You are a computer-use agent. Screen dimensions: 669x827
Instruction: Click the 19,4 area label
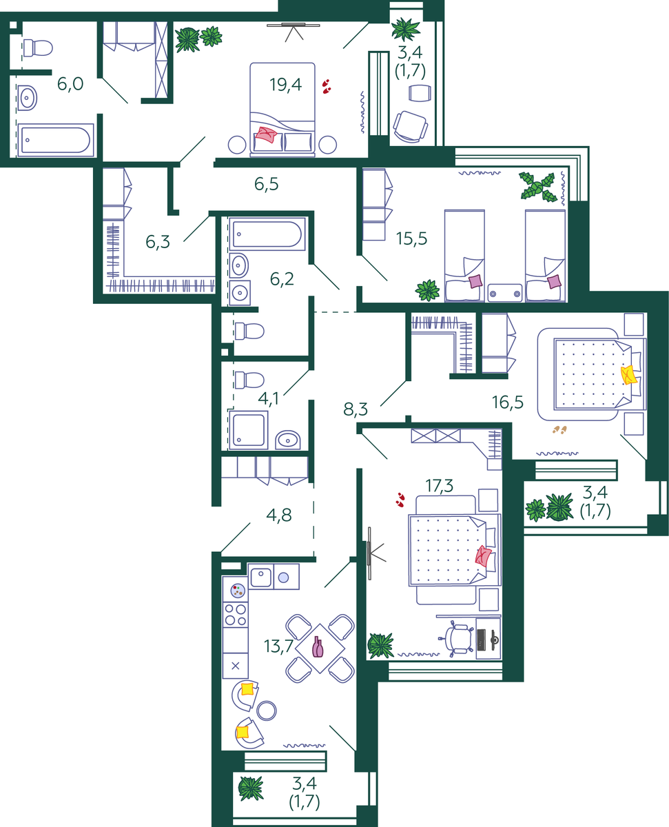coord(286,85)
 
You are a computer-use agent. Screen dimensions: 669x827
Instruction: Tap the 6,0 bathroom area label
coord(70,84)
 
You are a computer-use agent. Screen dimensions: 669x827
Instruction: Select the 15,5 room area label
coord(411,238)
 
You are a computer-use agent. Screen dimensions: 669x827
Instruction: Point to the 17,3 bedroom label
coord(440,485)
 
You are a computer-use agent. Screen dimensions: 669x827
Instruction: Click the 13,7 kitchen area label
coord(278,646)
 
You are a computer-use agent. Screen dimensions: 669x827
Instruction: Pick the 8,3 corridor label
coord(356,409)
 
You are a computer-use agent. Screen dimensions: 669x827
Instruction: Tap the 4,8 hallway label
coord(278,515)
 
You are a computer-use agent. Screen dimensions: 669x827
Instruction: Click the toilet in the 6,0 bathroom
coord(38,48)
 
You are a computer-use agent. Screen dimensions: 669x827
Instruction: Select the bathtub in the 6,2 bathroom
coord(267,234)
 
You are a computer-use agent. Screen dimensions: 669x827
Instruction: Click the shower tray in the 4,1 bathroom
coord(248,430)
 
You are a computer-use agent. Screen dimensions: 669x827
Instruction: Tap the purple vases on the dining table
coord(318,646)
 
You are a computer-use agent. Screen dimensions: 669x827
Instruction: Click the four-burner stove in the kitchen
coord(235,615)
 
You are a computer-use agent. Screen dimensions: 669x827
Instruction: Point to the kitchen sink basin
coord(260,577)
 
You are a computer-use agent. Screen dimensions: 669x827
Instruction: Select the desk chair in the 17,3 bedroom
coord(456,638)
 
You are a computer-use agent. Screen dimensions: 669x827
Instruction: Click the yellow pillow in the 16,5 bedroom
coord(628,375)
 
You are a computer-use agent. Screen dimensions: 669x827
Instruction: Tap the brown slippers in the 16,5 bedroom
coord(559,429)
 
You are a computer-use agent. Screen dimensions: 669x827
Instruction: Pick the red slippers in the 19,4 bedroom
coord(327,86)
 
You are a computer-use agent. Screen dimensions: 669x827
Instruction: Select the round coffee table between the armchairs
coord(267,711)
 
